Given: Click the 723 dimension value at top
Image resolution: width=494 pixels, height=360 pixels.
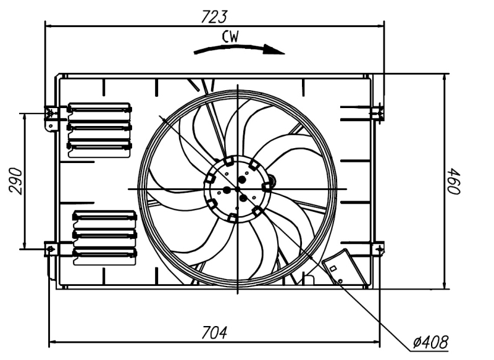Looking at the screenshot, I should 214,17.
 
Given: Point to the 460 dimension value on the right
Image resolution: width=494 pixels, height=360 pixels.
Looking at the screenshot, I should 456,181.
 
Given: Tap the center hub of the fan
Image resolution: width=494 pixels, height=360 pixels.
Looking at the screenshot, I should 237,188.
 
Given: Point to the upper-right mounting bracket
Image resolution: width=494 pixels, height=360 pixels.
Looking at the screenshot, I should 377,113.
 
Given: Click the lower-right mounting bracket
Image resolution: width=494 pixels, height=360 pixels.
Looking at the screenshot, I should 377,248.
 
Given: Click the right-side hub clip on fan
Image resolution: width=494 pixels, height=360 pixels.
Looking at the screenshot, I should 267,186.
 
